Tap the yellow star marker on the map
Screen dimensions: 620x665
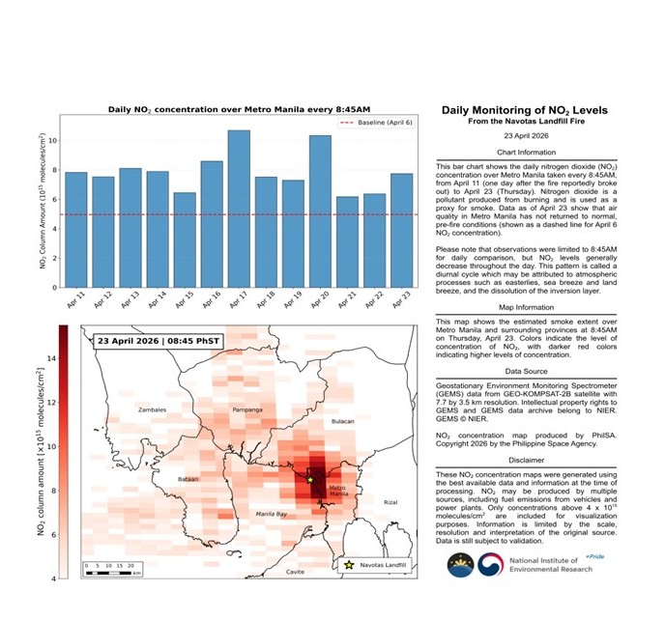click(310, 479)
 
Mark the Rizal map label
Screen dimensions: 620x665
click(390, 502)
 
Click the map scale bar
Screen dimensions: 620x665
click(112, 573)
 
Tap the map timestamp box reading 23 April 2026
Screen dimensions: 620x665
click(156, 341)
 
